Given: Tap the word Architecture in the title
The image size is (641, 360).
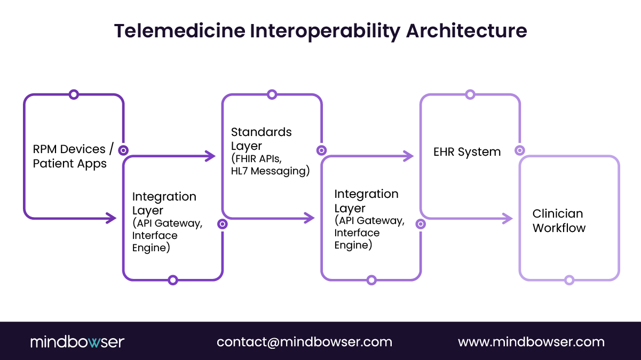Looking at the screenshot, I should click(x=467, y=31).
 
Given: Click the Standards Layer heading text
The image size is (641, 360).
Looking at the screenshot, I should click(x=261, y=139).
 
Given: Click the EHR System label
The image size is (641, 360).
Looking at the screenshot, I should click(x=467, y=152).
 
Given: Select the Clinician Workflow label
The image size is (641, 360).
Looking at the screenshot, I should click(x=558, y=221).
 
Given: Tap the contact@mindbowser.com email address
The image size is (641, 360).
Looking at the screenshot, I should click(x=304, y=342).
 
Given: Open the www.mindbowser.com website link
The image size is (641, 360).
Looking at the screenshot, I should click(x=531, y=342).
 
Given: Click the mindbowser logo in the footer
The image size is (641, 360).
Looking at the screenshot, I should click(x=77, y=342).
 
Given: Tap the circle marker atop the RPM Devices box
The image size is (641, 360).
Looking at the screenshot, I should click(x=74, y=95).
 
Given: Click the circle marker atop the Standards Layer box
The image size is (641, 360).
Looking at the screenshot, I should click(x=272, y=95).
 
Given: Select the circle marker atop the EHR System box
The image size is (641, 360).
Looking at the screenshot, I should click(x=470, y=95).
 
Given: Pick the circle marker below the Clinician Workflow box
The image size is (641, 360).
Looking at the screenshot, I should click(x=569, y=280).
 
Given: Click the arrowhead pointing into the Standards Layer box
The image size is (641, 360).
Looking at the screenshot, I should click(x=211, y=156).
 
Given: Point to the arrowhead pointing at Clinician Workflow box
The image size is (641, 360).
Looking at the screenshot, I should click(x=508, y=218).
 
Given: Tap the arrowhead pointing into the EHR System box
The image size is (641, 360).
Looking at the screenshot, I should click(x=409, y=156).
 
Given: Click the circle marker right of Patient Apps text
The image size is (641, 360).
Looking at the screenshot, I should click(x=123, y=150).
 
